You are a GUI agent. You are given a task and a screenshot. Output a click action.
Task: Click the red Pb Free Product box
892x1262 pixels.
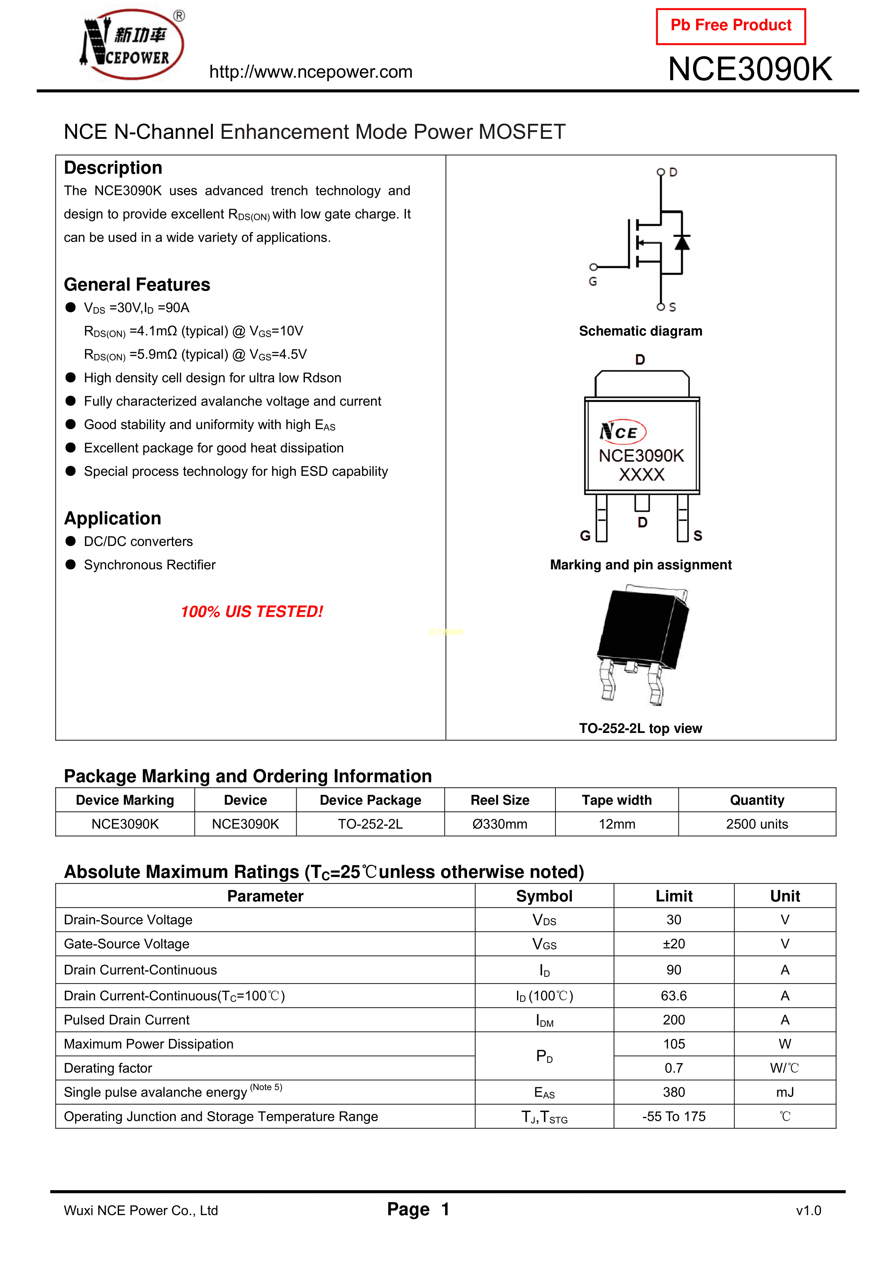tap(731, 26)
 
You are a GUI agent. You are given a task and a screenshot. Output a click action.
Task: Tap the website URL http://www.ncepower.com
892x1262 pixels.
tap(311, 72)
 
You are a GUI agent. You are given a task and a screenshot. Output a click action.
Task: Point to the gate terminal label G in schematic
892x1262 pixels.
tap(593, 281)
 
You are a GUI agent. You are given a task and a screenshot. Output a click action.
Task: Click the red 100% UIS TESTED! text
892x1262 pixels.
tap(252, 612)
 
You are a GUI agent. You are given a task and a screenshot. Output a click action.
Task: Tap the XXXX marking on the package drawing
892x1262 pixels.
tap(641, 474)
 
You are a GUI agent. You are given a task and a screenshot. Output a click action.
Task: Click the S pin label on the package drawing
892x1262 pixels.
tap(697, 536)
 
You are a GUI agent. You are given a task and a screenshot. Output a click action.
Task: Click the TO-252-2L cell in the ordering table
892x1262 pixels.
tap(370, 824)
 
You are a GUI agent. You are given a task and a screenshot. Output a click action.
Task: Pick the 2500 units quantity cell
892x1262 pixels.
tap(757, 824)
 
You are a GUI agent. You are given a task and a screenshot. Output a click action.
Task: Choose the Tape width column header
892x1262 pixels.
tap(617, 800)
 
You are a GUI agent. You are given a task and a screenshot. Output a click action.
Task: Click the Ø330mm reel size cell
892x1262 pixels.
tap(500, 824)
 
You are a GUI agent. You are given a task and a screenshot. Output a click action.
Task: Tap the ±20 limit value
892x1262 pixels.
tap(674, 944)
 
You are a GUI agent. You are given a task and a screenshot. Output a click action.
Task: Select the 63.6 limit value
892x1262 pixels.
tap(674, 996)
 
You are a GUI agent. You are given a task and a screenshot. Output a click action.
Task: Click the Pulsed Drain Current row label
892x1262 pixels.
tap(127, 1020)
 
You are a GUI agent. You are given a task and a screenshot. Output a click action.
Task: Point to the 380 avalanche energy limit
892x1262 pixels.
tap(674, 1092)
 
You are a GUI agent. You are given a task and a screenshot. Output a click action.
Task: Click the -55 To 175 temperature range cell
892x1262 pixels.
tap(674, 1116)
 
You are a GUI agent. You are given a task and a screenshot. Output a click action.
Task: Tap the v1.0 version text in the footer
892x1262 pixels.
tap(809, 1210)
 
